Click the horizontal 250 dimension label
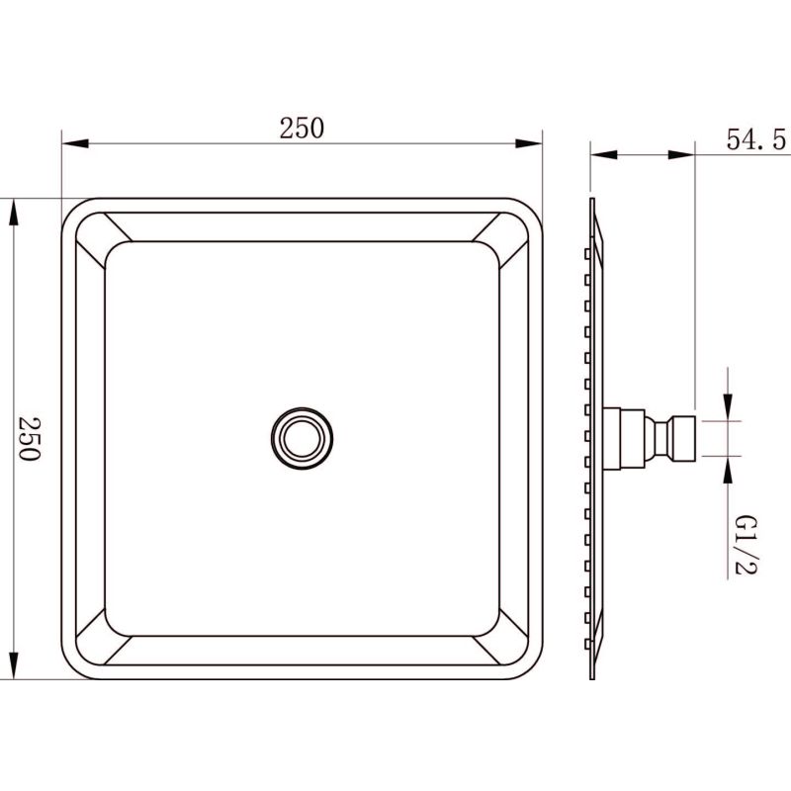pyautogui.click(x=302, y=129)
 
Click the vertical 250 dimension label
pyautogui.click(x=30, y=438)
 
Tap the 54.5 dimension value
pyautogui.click(x=755, y=139)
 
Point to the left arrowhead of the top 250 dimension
pyautogui.click(x=75, y=143)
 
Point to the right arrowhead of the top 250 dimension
pyautogui.click(x=529, y=143)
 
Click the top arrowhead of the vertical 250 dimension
pyautogui.click(x=14, y=212)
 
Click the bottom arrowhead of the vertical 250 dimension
pyautogui.click(x=14, y=665)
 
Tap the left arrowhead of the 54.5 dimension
pyautogui.click(x=604, y=154)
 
